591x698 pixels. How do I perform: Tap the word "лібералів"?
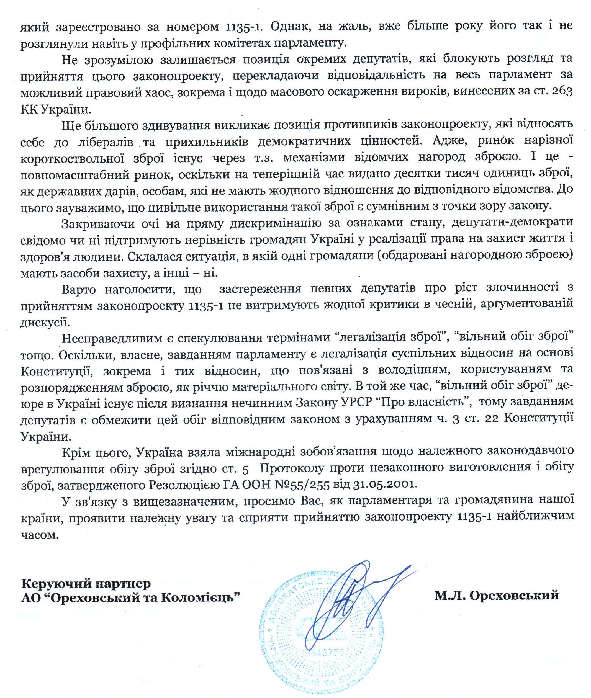[x=104, y=142]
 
